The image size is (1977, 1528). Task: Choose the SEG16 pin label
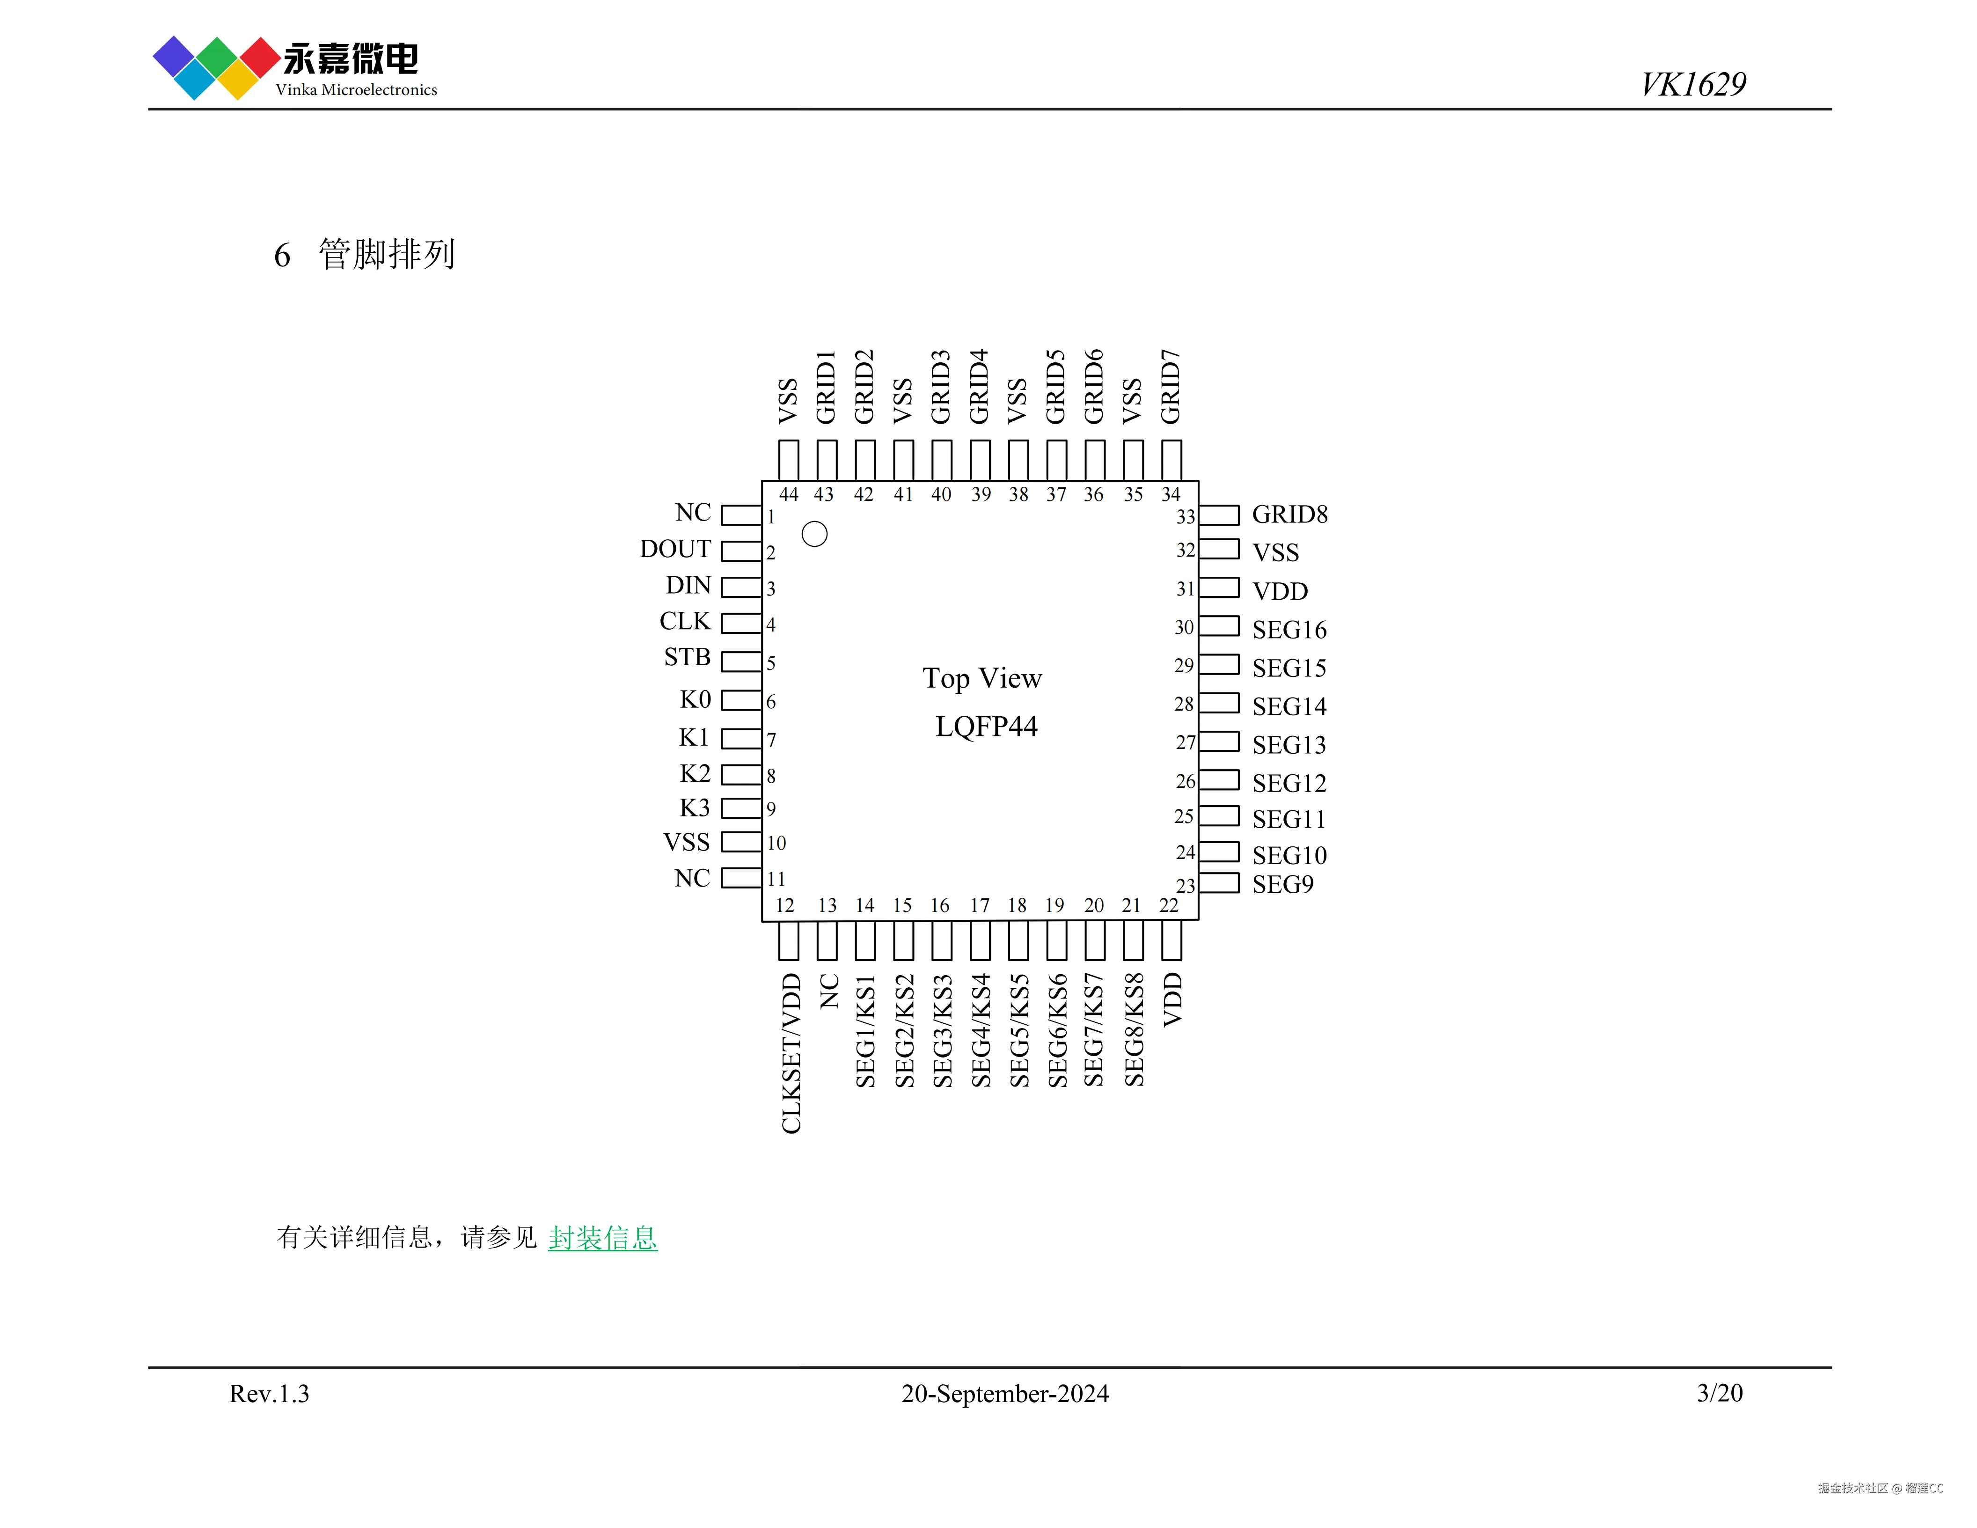pyautogui.click(x=1289, y=630)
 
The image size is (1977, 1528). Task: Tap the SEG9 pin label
pyautogui.click(x=1282, y=884)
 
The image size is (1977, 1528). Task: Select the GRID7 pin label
pyautogui.click(x=1171, y=387)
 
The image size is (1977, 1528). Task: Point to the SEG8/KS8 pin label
pyautogui.click(x=1133, y=1029)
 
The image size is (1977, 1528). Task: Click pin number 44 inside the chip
pyautogui.click(x=789, y=494)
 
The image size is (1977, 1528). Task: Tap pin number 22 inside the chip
pyautogui.click(x=1169, y=905)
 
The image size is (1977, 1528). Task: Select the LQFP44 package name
pyautogui.click(x=986, y=726)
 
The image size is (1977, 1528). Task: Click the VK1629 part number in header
pyautogui.click(x=1693, y=84)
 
